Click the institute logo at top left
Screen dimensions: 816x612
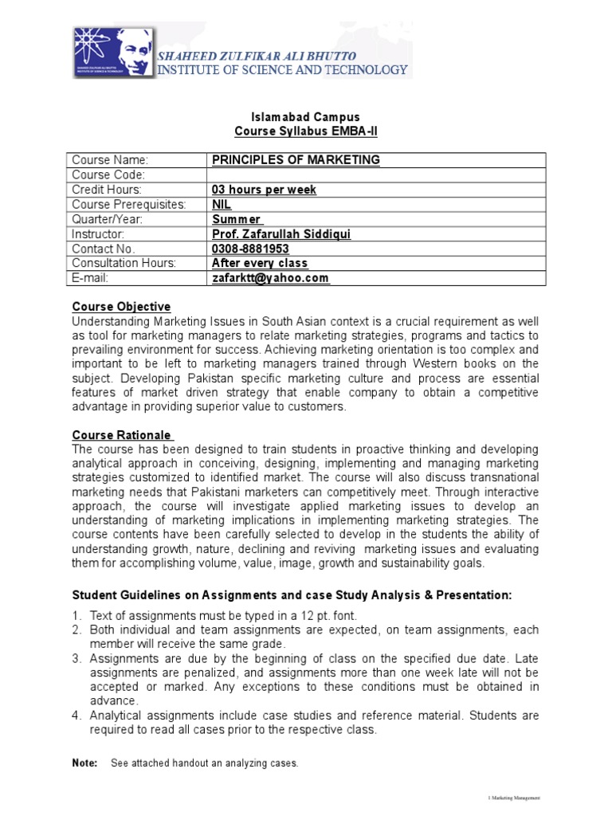[x=114, y=53]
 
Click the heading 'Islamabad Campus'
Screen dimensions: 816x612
[x=294, y=117]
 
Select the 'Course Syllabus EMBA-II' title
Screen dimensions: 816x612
[x=294, y=131]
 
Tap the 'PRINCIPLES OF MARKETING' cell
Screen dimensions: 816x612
[x=296, y=160]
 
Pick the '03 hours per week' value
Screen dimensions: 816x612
[x=264, y=190]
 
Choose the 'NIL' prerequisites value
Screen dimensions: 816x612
[x=221, y=205]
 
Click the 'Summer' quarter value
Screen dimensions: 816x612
[x=237, y=219]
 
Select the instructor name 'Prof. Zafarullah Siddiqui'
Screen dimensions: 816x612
[x=281, y=234]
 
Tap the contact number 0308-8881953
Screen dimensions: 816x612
[x=250, y=249]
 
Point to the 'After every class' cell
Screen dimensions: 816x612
[x=260, y=263]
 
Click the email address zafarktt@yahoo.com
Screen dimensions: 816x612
[x=270, y=278]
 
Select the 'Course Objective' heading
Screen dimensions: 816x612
[x=121, y=307]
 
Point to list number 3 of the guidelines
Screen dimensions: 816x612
[x=77, y=658]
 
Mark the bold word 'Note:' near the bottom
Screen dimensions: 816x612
[x=84, y=763]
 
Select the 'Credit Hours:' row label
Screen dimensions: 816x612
[x=107, y=190]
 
